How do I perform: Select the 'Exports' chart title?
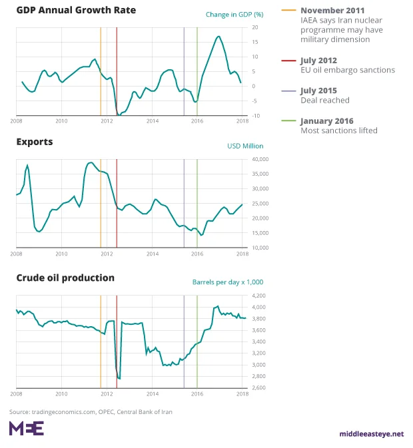(x=35, y=142)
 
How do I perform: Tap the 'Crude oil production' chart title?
(x=65, y=278)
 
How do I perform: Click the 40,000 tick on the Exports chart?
(x=259, y=159)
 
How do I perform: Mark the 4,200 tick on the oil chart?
(x=258, y=295)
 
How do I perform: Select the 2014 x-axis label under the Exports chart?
(x=152, y=254)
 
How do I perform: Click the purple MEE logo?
(x=26, y=428)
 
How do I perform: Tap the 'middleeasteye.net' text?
(x=372, y=434)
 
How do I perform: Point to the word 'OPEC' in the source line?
(x=106, y=411)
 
